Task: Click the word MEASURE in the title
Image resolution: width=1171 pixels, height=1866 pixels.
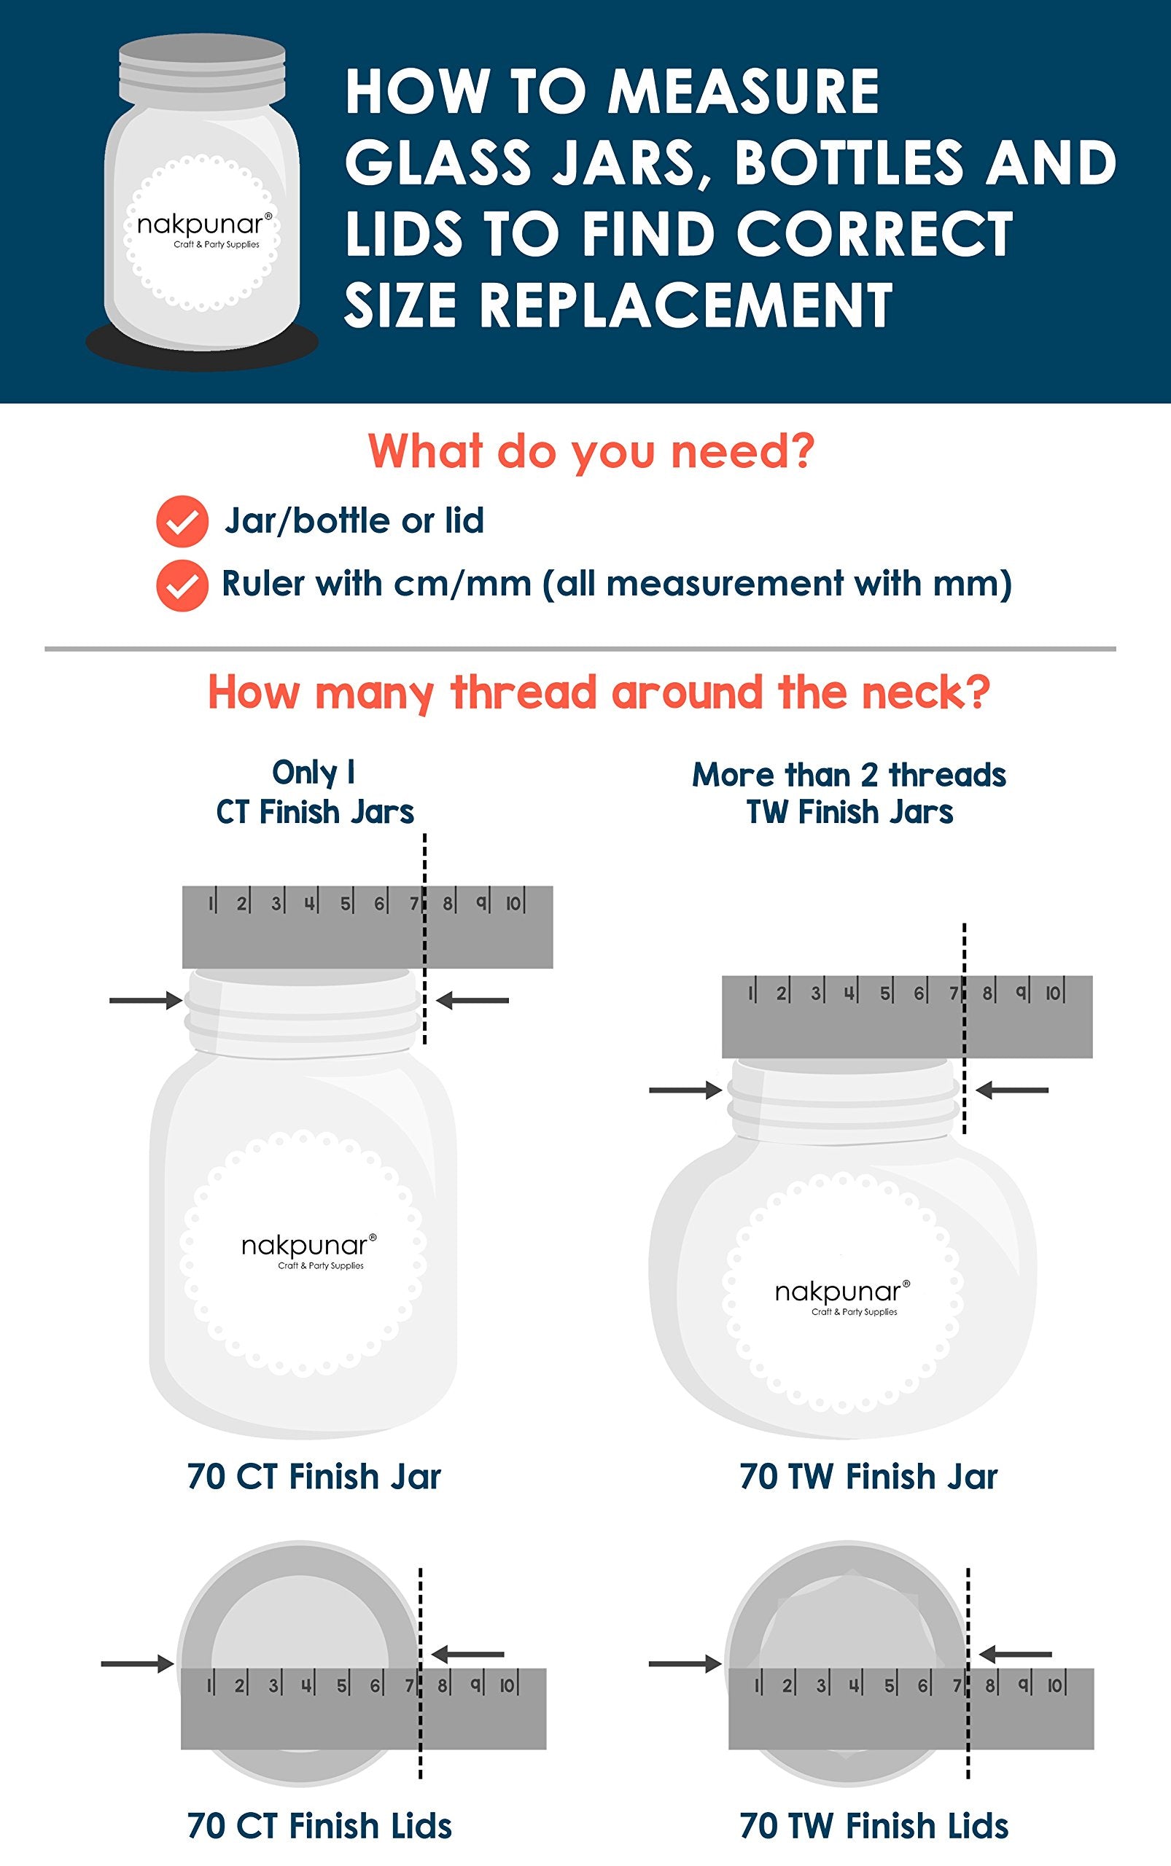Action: pyautogui.click(x=744, y=93)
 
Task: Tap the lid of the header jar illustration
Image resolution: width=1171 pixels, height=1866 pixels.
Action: pyautogui.click(x=202, y=74)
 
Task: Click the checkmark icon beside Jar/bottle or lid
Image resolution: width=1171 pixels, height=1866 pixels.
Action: pyautogui.click(x=182, y=521)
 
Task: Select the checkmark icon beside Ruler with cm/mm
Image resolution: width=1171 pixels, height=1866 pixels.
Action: pyautogui.click(x=182, y=585)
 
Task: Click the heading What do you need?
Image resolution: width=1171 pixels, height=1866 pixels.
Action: pyautogui.click(x=591, y=450)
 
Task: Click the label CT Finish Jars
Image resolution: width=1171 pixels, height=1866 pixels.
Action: pyautogui.click(x=314, y=812)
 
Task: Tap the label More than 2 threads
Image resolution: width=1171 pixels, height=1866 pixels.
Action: pyautogui.click(x=849, y=775)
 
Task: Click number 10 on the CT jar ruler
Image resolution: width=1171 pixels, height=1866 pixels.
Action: pyautogui.click(x=513, y=903)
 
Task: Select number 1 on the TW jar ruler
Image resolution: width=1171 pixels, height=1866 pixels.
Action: pyautogui.click(x=750, y=993)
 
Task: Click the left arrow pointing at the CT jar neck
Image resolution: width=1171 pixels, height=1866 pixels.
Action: pyautogui.click(x=145, y=1000)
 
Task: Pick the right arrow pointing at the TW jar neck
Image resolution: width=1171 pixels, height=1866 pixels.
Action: pyautogui.click(x=1011, y=1090)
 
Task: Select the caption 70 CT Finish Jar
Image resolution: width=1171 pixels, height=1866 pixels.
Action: pyautogui.click(x=314, y=1477)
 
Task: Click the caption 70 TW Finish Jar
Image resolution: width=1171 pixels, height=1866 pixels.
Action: pyautogui.click(x=868, y=1477)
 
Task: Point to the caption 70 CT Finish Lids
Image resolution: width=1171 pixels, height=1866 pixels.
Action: pyautogui.click(x=319, y=1825)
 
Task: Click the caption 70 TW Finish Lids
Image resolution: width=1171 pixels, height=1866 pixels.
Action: pyautogui.click(x=874, y=1825)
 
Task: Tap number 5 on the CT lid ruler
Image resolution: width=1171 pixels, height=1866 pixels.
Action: pyautogui.click(x=341, y=1685)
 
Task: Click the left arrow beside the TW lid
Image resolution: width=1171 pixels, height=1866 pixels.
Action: pyautogui.click(x=684, y=1663)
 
